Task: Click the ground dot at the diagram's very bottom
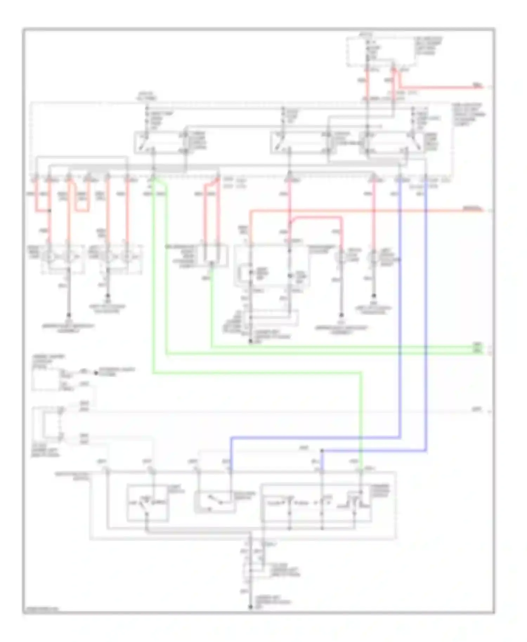pyautogui.click(x=251, y=607)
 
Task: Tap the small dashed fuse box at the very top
pyautogui.click(x=382, y=52)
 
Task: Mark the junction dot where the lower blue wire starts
pyautogui.click(x=322, y=451)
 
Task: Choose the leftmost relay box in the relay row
pyautogui.click(x=160, y=143)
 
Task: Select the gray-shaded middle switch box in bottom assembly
pyautogui.click(x=215, y=502)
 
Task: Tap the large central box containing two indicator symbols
pyautogui.click(x=271, y=265)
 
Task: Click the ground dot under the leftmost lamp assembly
pyautogui.click(x=69, y=315)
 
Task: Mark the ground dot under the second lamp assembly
pyautogui.click(x=108, y=296)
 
